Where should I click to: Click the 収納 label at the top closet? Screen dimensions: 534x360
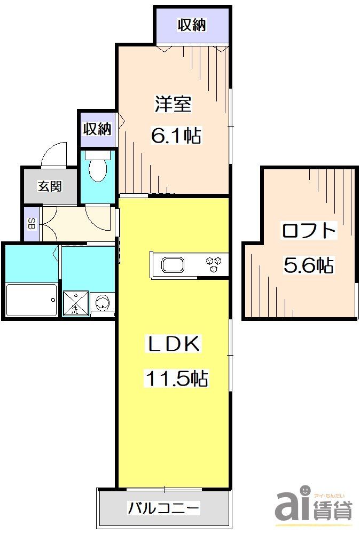click(192, 25)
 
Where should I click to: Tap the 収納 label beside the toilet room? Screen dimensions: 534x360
click(97, 129)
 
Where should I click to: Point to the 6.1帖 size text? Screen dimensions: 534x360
click(176, 136)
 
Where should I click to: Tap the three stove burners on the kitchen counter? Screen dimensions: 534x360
click(215, 264)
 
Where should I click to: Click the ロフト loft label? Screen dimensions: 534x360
click(309, 231)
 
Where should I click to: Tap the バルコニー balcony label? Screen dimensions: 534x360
click(163, 507)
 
